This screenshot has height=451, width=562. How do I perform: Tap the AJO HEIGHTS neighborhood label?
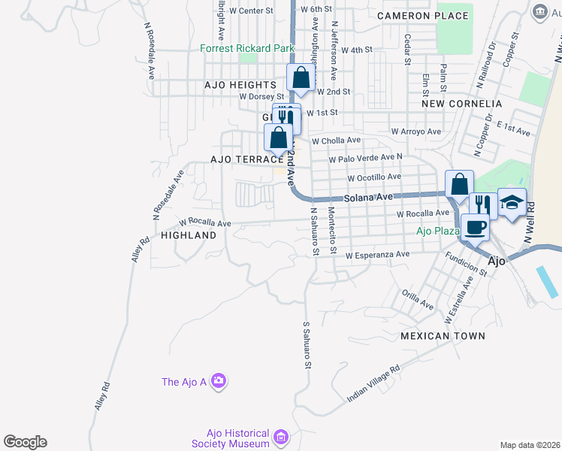pyautogui.click(x=240, y=86)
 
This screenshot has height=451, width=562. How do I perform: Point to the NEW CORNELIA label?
pyautogui.click(x=461, y=103)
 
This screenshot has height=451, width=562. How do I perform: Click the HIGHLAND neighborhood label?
pyautogui.click(x=189, y=235)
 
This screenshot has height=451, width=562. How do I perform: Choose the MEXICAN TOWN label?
pyautogui.click(x=443, y=336)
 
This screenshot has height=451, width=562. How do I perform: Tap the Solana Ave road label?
pyautogui.click(x=369, y=197)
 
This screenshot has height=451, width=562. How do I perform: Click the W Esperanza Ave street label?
pyautogui.click(x=377, y=255)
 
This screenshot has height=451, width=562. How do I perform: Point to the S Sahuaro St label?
pyautogui.click(x=307, y=346)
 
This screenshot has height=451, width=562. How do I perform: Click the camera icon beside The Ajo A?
pyautogui.click(x=219, y=382)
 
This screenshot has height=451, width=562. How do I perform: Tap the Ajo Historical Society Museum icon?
pyautogui.click(x=281, y=437)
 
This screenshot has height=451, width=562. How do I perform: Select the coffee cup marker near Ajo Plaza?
pyautogui.click(x=474, y=225)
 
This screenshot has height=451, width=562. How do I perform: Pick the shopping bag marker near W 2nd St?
pyautogui.click(x=301, y=78)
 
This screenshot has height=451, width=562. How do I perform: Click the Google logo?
pyautogui.click(x=25, y=442)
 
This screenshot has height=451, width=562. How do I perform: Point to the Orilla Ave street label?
pyautogui.click(x=418, y=301)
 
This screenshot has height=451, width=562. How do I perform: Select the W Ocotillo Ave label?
pyautogui.click(x=374, y=177)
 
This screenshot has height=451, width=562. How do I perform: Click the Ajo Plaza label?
pyautogui.click(x=438, y=231)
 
